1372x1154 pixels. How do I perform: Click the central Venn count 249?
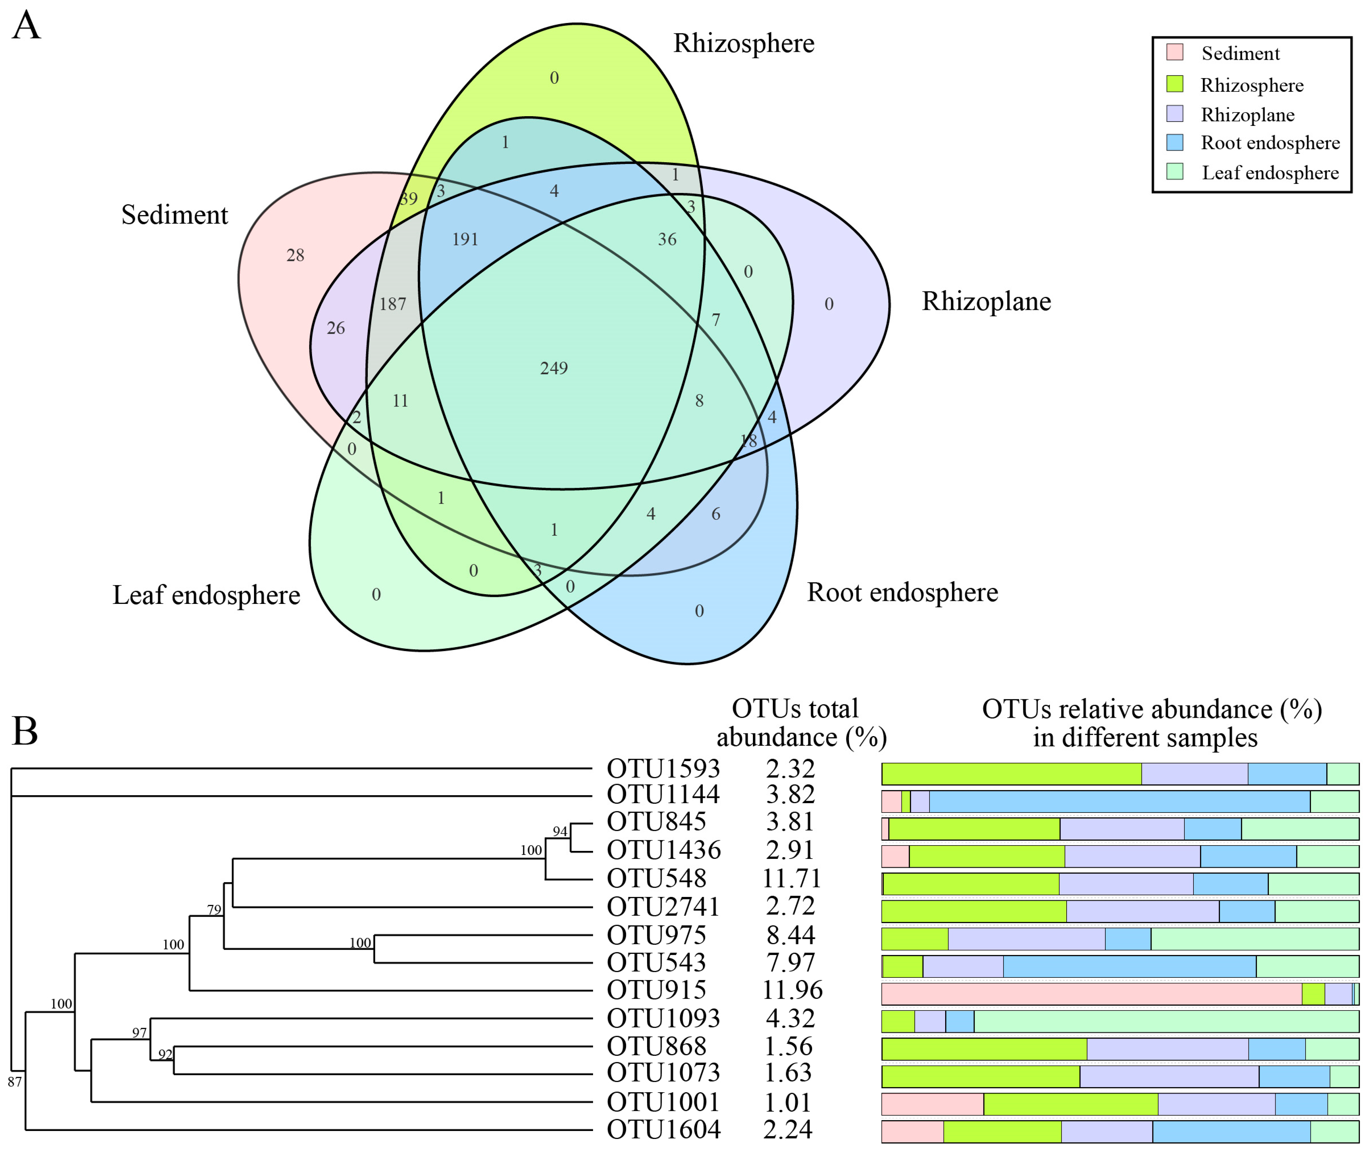click(x=554, y=368)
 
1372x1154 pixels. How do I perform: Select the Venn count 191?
click(x=465, y=239)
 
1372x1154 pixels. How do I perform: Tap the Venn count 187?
click(x=392, y=304)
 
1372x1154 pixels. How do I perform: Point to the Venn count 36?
click(x=667, y=239)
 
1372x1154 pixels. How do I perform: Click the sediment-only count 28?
click(x=295, y=255)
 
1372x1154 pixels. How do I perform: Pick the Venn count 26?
click(x=335, y=328)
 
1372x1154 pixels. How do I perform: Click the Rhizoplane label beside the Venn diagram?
click(x=986, y=301)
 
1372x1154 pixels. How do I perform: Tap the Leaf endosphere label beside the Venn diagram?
click(x=206, y=595)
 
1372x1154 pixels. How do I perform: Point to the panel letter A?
click(x=26, y=26)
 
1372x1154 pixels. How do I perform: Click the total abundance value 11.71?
click(x=791, y=878)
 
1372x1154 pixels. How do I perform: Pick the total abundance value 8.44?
click(x=791, y=935)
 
